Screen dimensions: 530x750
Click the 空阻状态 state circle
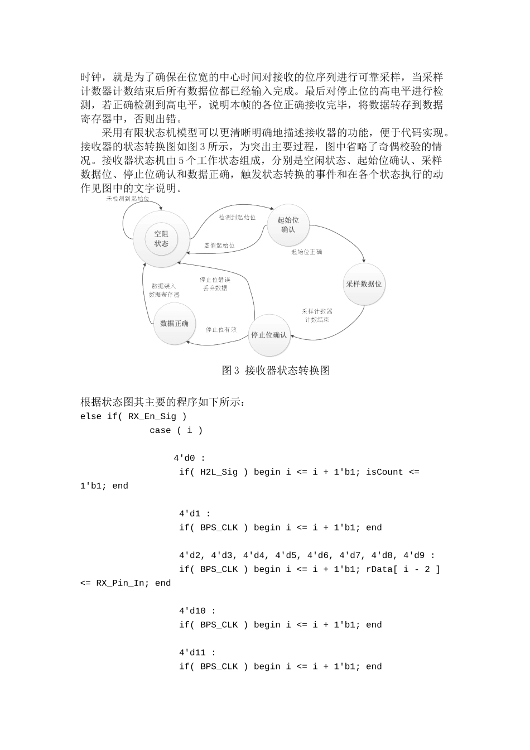pyautogui.click(x=161, y=239)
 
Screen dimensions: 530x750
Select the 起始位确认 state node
pyautogui.click(x=288, y=225)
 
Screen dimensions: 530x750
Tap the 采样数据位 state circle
pyautogui.click(x=364, y=283)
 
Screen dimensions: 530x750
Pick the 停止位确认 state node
pyautogui.click(x=269, y=335)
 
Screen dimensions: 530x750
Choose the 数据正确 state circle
pyautogui.click(x=175, y=324)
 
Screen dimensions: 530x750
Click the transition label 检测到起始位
pyautogui.click(x=237, y=217)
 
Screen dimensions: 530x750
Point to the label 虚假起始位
pyautogui.click(x=219, y=246)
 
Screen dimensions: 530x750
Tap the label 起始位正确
pyautogui.click(x=307, y=252)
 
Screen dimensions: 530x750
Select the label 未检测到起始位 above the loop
pyautogui.click(x=128, y=199)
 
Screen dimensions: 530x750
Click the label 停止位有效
pyautogui.click(x=221, y=330)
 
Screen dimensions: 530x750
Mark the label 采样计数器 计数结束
pyautogui.click(x=317, y=315)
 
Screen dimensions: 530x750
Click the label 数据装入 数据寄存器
pyautogui.click(x=164, y=290)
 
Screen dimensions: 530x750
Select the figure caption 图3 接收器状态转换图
pyautogui.click(x=276, y=371)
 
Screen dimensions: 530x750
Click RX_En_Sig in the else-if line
pyautogui.click(x=152, y=416)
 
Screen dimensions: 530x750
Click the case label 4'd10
pyautogui.click(x=192, y=611)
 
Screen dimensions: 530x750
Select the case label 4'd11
pyautogui.click(x=192, y=652)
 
